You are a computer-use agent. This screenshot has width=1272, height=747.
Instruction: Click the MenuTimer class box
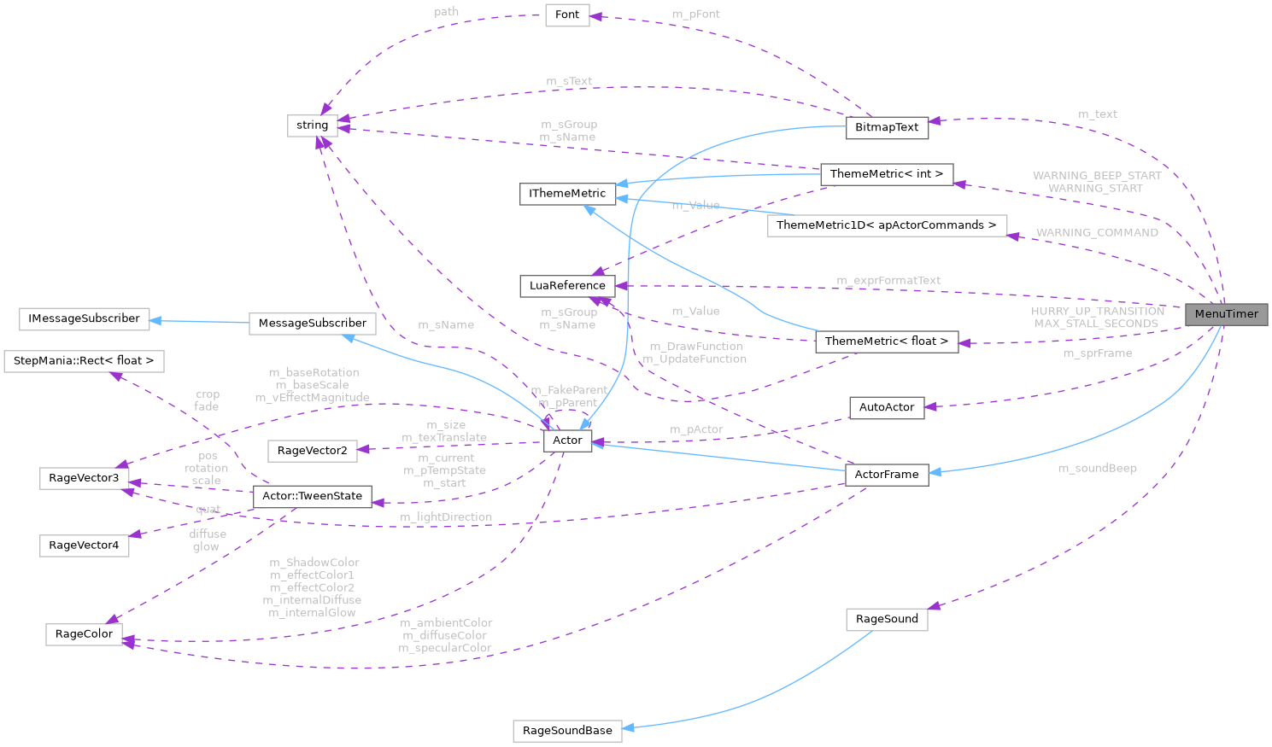click(1226, 314)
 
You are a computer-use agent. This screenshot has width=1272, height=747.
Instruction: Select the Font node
click(567, 15)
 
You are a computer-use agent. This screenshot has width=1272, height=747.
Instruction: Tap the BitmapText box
click(887, 127)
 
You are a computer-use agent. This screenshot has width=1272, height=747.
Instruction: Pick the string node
click(312, 125)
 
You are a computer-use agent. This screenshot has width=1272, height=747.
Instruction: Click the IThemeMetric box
click(567, 194)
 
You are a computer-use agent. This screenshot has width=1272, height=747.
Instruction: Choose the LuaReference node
click(567, 285)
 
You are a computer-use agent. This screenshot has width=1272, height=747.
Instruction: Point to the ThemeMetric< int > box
click(886, 174)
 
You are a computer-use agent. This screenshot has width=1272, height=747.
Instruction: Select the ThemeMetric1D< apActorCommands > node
click(886, 225)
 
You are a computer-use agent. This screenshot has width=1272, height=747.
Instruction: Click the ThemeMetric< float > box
click(886, 341)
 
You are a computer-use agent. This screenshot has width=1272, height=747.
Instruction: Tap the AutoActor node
click(886, 407)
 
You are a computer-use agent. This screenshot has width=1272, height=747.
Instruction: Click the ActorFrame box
click(886, 475)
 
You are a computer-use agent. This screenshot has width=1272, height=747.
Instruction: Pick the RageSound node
click(887, 619)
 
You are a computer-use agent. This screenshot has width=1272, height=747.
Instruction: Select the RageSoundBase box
click(567, 731)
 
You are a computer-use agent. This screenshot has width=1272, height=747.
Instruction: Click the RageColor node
click(84, 634)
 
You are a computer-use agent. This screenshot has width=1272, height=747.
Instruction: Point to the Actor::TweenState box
click(312, 496)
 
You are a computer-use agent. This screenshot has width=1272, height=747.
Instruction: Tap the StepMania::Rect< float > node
click(84, 361)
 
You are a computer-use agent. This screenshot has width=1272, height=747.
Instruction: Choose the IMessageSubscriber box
click(84, 318)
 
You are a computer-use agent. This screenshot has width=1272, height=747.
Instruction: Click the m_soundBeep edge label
click(1097, 468)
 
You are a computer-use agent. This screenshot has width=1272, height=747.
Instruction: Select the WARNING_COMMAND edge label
click(1097, 232)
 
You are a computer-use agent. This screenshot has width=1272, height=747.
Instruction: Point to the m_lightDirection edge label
click(446, 517)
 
